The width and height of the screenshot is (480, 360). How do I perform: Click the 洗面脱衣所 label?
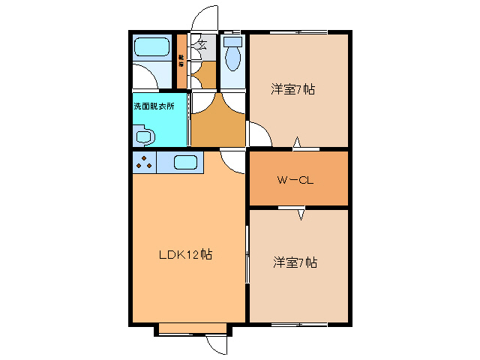point(154,106)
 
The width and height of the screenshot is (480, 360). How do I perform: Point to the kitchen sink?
point(186,161)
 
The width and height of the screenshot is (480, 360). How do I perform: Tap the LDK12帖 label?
point(185,255)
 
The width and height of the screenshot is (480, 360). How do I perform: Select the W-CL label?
point(294,180)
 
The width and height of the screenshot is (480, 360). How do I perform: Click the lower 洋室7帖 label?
point(295,262)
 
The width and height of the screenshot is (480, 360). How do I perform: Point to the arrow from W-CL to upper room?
point(298,142)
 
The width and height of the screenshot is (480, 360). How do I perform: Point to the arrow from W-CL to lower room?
point(301,214)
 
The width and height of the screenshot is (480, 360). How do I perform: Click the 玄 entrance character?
point(202,45)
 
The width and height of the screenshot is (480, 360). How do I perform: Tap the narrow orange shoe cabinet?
point(181,60)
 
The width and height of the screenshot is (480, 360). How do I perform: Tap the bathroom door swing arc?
point(146,75)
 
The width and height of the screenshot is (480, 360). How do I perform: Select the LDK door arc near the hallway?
point(234,160)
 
